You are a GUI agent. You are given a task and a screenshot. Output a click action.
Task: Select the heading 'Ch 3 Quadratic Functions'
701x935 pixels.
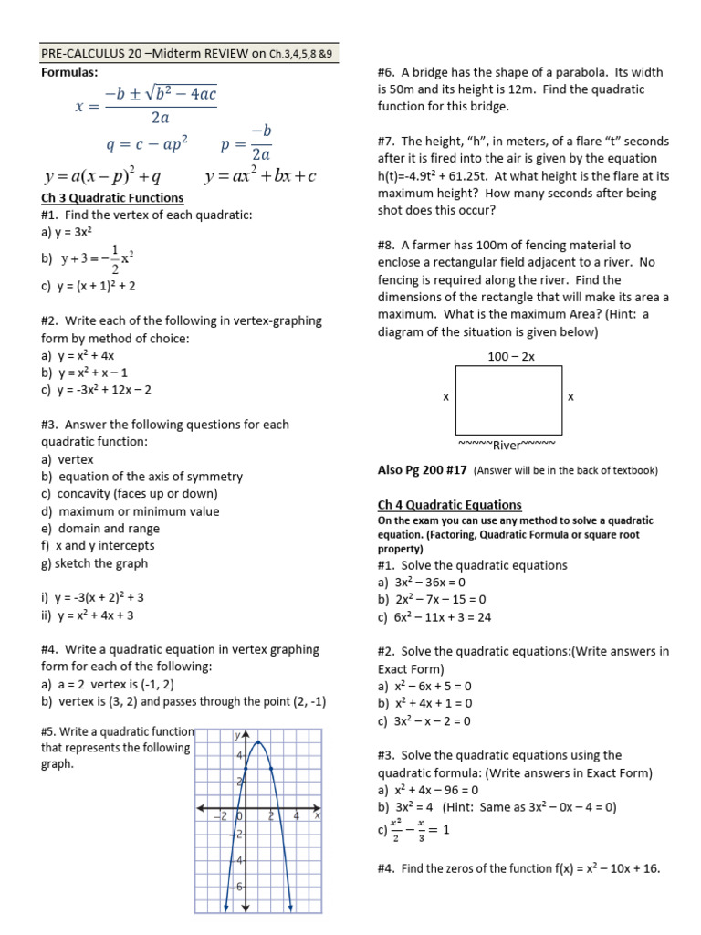click(x=112, y=197)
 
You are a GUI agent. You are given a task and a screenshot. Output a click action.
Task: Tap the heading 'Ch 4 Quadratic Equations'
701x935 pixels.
click(x=449, y=504)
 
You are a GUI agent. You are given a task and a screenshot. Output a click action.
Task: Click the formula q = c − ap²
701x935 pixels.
click(x=147, y=144)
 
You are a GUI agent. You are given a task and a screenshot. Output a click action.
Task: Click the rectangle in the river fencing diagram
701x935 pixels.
click(x=508, y=397)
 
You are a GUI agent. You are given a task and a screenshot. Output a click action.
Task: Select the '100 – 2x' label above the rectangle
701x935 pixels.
click(x=511, y=356)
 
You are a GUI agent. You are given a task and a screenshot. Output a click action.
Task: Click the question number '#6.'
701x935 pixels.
click(x=386, y=72)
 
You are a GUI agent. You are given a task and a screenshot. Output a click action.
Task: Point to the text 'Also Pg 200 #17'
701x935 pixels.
click(x=423, y=470)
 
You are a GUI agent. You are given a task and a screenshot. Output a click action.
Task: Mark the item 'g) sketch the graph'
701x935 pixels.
click(x=94, y=563)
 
